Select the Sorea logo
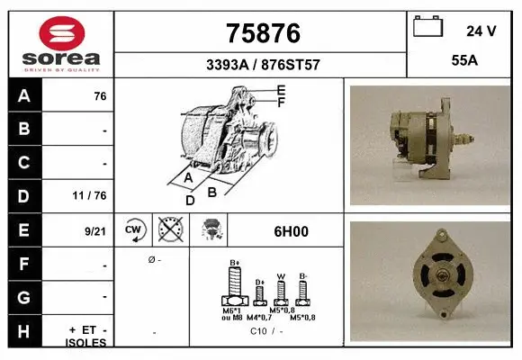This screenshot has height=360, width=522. [61, 41]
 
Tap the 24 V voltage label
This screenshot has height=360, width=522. [481, 31]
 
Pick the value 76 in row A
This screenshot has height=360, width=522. [100, 95]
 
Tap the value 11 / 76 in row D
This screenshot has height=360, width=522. [93, 194]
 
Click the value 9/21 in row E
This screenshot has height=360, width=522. [95, 231]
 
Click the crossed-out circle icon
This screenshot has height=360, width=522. [169, 230]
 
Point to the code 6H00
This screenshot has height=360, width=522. [291, 231]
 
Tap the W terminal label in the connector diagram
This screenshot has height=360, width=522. [281, 275]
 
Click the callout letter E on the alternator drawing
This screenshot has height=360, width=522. [281, 90]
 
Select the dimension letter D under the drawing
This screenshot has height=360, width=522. [190, 201]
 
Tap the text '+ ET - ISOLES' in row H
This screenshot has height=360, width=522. [87, 336]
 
